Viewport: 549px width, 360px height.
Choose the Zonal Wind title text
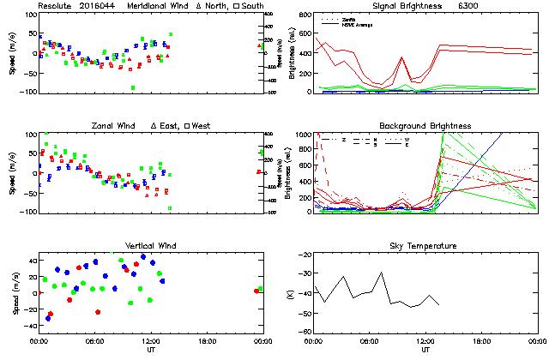[x=118, y=126]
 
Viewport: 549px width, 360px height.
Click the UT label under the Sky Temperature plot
[x=425, y=350]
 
